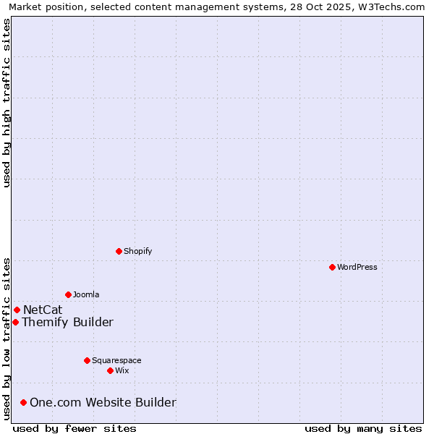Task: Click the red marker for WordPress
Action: coord(332,267)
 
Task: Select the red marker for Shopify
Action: coord(119,251)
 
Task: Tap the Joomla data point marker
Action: coord(68,294)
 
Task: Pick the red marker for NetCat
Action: coord(17,310)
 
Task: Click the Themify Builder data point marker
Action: coord(15,322)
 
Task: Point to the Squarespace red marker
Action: coord(87,360)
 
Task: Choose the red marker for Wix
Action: coord(110,370)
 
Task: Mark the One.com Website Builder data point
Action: coord(23,402)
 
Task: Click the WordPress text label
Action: coord(357,267)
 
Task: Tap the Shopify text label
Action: coord(137,251)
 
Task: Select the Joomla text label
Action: coord(86,294)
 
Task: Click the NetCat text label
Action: coord(43,310)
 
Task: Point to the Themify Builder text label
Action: coord(67,322)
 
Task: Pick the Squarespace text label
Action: coord(116,360)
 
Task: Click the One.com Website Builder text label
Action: coord(103,402)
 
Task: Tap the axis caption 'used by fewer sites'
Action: coord(75,428)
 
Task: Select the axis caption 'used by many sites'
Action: coord(363,428)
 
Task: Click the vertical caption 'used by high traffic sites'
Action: coord(7,102)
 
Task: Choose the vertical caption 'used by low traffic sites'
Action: coord(7,338)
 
